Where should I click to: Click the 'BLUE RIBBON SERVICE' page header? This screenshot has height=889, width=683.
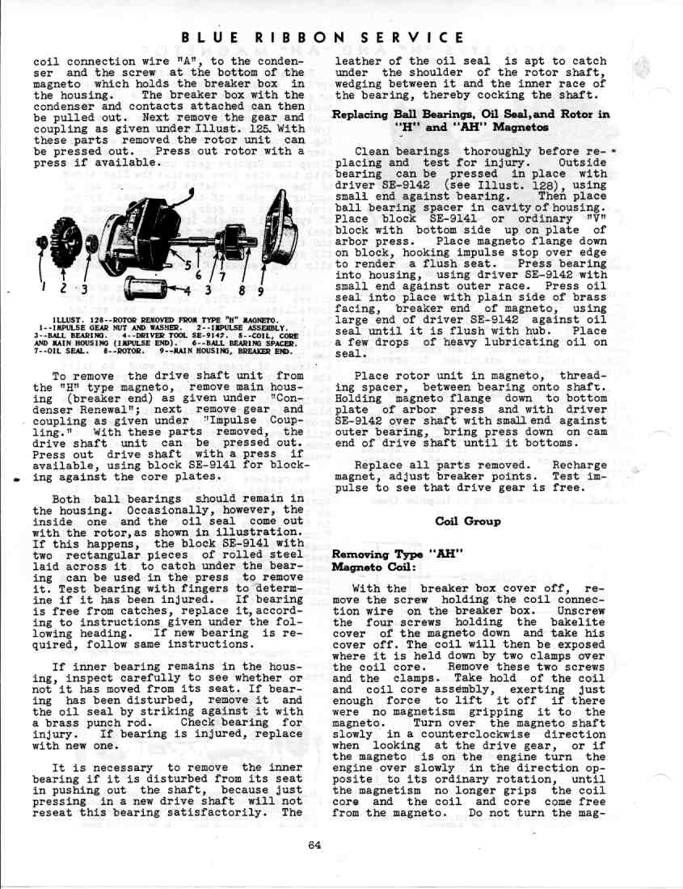(x=323, y=38)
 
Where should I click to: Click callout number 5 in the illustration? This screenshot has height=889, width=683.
(x=188, y=266)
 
